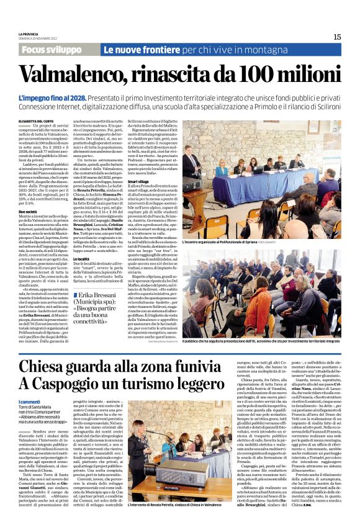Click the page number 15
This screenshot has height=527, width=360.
pos(336,37)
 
